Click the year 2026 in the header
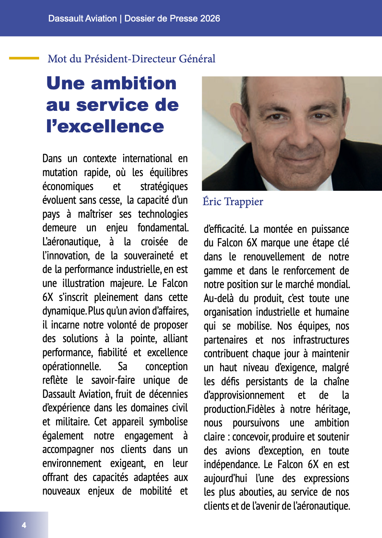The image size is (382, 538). pyautogui.click(x=210, y=19)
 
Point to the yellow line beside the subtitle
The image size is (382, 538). pyautogui.click(x=24, y=58)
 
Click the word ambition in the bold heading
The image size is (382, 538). pyautogui.click(x=134, y=83)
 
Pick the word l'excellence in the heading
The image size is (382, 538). pyautogui.click(x=105, y=126)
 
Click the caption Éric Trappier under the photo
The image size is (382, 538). pyautogui.click(x=233, y=202)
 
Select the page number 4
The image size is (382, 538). pyautogui.click(x=24, y=525)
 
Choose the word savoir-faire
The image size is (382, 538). pyautogui.click(x=113, y=380)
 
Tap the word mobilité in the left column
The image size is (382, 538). pyautogui.click(x=156, y=491)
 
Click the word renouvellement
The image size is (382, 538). pyautogui.click(x=274, y=257)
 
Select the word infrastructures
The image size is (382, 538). pyautogui.click(x=321, y=340)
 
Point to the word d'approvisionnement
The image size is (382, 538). pyautogui.click(x=244, y=396)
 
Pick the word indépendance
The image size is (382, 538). pyautogui.click(x=231, y=464)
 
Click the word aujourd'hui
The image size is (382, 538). pyautogui.click(x=225, y=478)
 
